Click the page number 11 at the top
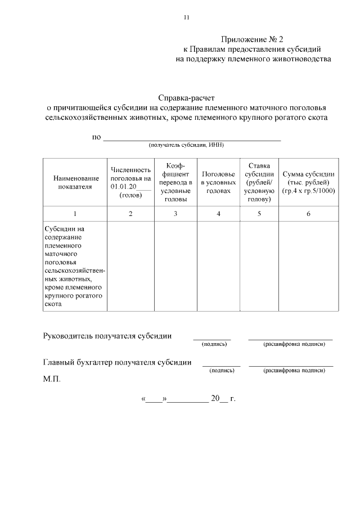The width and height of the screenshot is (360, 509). point(187,17)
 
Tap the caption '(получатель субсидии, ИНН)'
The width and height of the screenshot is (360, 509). point(186,145)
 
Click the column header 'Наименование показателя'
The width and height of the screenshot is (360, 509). point(74,182)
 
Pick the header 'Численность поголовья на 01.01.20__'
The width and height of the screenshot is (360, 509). point(130,182)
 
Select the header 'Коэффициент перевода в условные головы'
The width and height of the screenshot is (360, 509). point(175,182)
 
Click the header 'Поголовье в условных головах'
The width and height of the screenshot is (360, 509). point(218,182)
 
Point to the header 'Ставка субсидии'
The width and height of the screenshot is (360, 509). point(259,182)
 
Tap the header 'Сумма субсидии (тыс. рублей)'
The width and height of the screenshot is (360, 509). point(308,182)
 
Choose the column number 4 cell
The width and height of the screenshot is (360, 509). point(218,214)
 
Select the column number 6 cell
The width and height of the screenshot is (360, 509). point(308,214)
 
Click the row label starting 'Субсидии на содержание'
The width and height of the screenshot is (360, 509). point(74,266)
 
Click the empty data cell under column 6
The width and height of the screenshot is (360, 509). point(308,266)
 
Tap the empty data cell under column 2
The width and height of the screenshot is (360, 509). point(130,266)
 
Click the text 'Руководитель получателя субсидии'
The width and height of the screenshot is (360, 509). point(107,336)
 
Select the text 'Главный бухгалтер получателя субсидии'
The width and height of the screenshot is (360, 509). point(117,363)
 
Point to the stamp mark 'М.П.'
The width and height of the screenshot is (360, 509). point(52,379)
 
